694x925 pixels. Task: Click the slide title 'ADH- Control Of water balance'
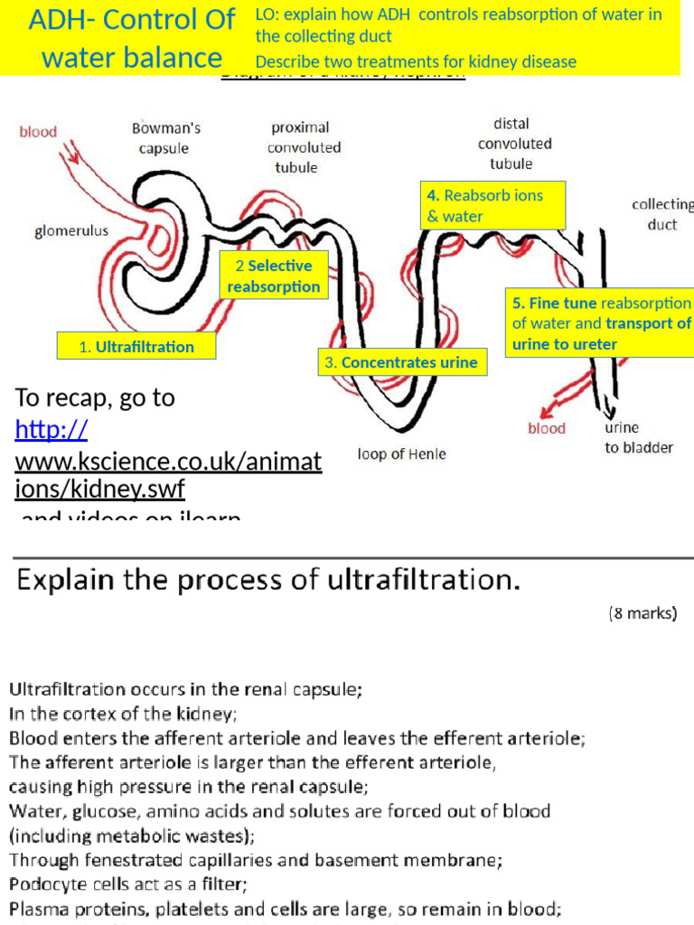132,38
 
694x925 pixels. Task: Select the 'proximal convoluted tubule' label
304,147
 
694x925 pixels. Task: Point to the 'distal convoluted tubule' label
511,144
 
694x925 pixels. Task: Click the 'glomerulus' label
71,230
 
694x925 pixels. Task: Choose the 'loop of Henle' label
401,453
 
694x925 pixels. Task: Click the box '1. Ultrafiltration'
136,346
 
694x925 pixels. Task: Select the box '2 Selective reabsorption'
274,276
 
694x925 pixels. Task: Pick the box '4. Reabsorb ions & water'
493,206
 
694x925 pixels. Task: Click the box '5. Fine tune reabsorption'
600,323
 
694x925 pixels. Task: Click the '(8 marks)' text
642,613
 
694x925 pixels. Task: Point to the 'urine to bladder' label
638,437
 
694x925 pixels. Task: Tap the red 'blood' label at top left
38,132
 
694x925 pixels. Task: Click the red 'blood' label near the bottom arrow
547,428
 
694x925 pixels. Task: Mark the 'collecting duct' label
662,215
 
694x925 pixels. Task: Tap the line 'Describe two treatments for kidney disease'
416,61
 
